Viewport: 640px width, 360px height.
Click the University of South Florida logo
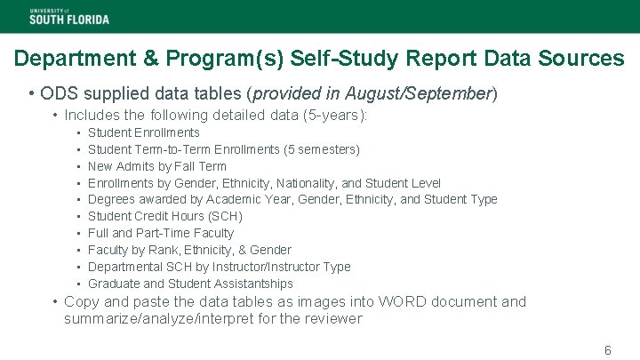tap(69, 15)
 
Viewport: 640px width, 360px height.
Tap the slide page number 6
tap(608, 350)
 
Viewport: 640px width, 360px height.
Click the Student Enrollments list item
tap(144, 132)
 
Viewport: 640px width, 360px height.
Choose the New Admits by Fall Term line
tap(157, 166)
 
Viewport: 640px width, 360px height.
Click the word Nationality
tap(322, 183)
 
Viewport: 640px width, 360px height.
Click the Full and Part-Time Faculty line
tap(161, 233)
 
